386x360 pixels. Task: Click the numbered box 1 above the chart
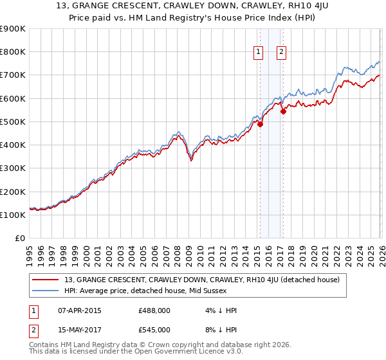[258, 53]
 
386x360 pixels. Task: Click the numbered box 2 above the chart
[282, 53]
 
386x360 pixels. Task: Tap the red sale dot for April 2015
[260, 125]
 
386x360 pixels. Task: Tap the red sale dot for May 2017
[284, 111]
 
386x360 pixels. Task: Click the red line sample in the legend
[46, 280]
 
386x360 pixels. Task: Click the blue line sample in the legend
[46, 291]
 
